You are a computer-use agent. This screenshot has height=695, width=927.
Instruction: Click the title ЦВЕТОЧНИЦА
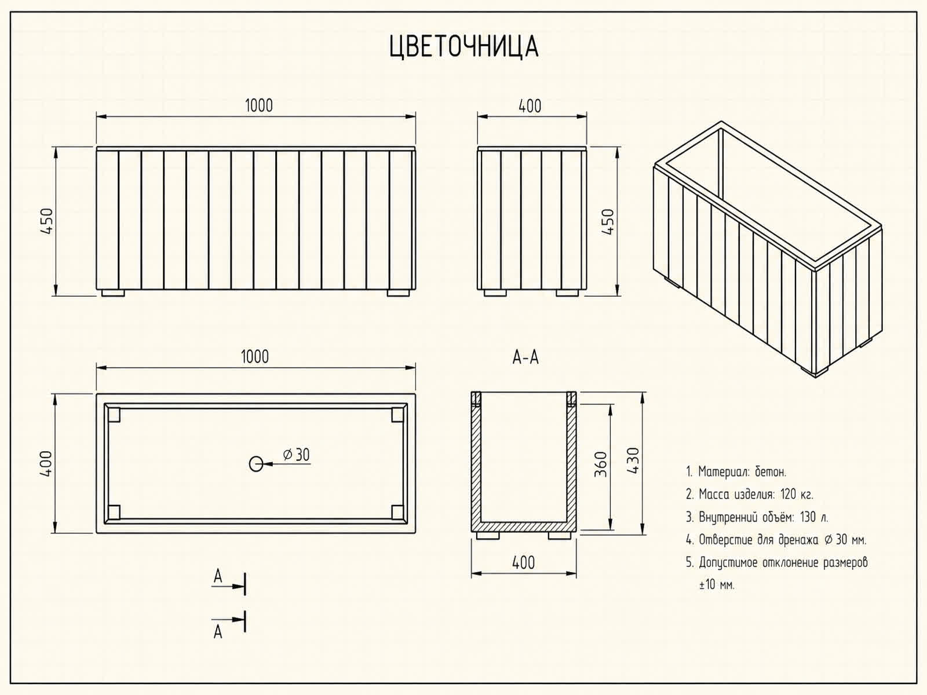tap(463, 47)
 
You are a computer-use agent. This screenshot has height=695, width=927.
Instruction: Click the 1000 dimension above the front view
tap(259, 105)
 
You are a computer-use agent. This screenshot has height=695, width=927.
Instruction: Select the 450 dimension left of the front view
tap(46, 221)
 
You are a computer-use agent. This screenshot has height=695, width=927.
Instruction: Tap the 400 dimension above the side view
tap(530, 106)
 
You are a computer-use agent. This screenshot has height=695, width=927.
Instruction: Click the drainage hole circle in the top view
tap(256, 464)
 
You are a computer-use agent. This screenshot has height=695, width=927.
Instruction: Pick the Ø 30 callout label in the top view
tap(297, 455)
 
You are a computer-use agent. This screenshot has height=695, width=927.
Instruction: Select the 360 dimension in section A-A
tap(601, 464)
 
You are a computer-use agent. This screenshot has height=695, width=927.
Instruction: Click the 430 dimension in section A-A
tap(633, 460)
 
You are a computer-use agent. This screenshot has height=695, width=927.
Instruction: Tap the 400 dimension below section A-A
tap(523, 563)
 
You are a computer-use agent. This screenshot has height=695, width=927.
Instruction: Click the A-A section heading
tap(525, 358)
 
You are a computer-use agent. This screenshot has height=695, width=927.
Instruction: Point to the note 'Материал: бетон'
tap(742, 472)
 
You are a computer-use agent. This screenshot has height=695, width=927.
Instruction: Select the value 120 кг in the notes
tap(797, 494)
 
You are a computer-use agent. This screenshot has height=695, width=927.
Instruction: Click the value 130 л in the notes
tap(814, 517)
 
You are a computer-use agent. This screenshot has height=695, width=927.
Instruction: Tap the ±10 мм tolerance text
tap(717, 585)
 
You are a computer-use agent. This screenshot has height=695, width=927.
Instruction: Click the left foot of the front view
tap(113, 293)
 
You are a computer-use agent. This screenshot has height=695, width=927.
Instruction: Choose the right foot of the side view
tap(567, 293)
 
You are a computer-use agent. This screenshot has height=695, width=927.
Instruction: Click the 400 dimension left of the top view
tap(46, 464)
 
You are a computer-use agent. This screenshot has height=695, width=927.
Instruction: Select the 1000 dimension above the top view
tap(255, 357)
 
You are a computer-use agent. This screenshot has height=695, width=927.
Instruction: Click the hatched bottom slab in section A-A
tap(524, 526)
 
